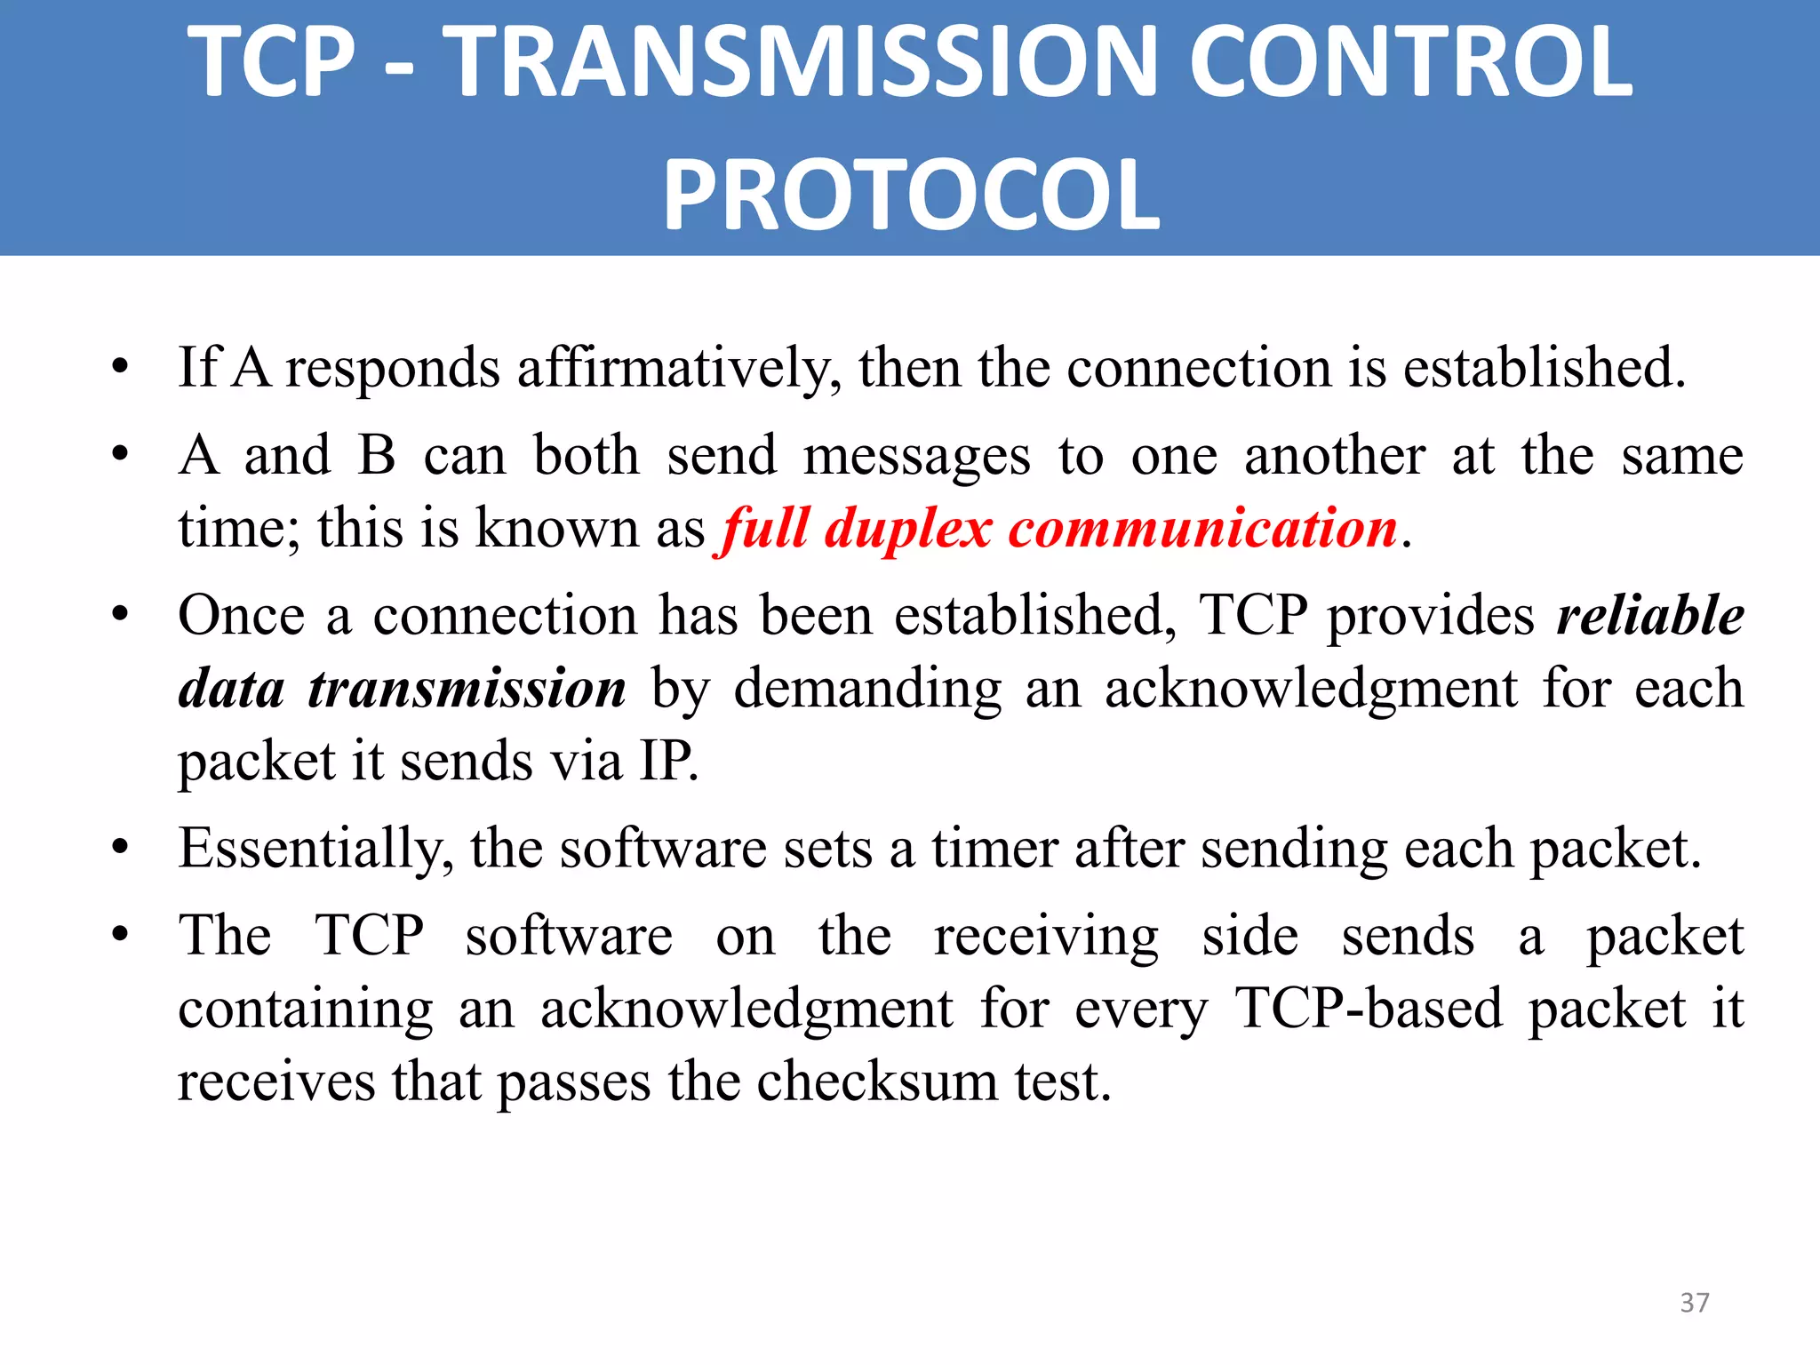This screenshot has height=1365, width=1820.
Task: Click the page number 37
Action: point(1694,1302)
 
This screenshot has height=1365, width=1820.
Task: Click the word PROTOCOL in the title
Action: point(911,194)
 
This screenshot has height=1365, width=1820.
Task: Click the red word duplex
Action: point(907,529)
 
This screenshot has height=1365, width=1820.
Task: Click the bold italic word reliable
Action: point(1650,615)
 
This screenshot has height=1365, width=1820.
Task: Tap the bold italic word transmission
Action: point(467,689)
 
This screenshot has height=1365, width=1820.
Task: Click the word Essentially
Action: point(315,849)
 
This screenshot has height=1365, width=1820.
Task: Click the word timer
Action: point(994,849)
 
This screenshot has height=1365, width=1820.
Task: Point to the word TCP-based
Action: point(1369,1009)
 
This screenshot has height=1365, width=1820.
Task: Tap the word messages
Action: point(916,456)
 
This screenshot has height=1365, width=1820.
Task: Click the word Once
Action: point(241,615)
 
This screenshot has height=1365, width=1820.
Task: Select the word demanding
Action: point(867,689)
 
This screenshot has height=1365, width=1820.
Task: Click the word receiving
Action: point(1046,938)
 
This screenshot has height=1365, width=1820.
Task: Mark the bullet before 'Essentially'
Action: point(121,848)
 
